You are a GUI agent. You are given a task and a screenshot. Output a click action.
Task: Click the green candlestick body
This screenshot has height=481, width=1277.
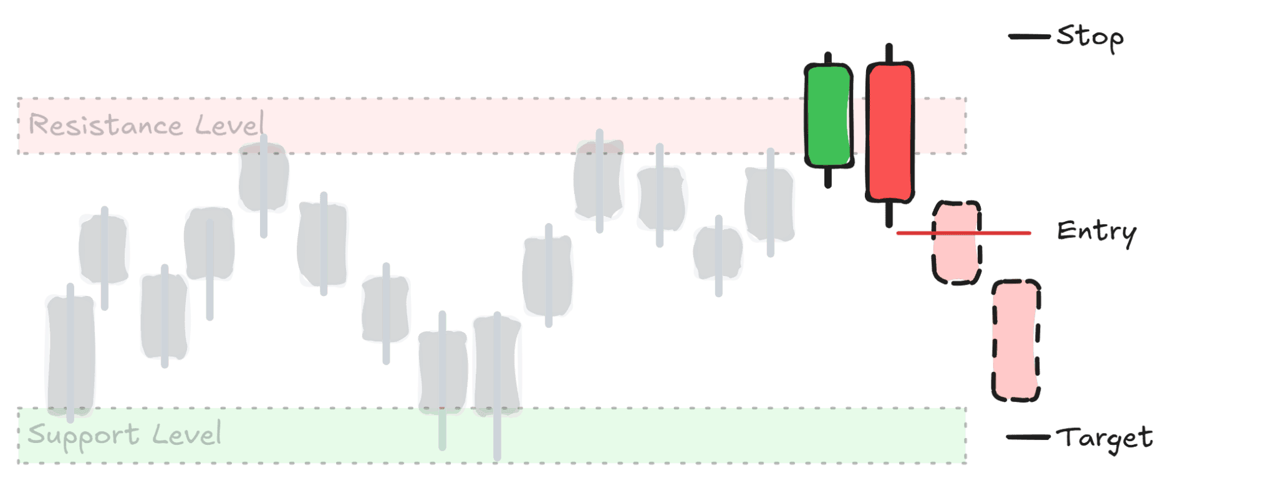pyautogui.click(x=829, y=116)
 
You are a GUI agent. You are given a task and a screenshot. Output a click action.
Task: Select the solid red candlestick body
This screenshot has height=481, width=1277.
pyautogui.click(x=890, y=131)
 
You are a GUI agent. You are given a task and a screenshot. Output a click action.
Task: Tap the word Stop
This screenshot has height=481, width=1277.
pyautogui.click(x=1090, y=37)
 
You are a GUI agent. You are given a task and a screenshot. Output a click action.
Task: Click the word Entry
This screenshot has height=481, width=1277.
pyautogui.click(x=1097, y=232)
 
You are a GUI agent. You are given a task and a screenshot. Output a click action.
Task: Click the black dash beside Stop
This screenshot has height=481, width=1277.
pyautogui.click(x=1029, y=37)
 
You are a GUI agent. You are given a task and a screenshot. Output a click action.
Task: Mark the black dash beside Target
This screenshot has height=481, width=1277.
pyautogui.click(x=1028, y=437)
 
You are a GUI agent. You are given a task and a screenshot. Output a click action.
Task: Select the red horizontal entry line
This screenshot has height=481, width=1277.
pyautogui.click(x=963, y=233)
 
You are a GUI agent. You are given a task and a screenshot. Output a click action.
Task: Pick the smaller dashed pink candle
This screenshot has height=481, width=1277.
pyautogui.click(x=957, y=243)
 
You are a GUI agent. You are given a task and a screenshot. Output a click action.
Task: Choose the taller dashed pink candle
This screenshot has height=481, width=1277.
pyautogui.click(x=1016, y=341)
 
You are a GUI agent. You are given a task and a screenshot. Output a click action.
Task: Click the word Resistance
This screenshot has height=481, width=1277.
pyautogui.click(x=106, y=125)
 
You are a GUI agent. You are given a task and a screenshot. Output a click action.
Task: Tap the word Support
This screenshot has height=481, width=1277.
pyautogui.click(x=84, y=435)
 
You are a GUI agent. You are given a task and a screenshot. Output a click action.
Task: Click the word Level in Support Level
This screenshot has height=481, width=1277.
pyautogui.click(x=187, y=433)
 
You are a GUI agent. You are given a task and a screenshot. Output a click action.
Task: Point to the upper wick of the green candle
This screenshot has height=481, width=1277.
pyautogui.click(x=828, y=58)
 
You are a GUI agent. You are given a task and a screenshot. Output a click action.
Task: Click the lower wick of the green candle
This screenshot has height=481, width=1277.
pyautogui.click(x=828, y=177)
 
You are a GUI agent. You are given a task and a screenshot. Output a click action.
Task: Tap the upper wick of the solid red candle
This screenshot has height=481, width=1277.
pyautogui.click(x=889, y=53)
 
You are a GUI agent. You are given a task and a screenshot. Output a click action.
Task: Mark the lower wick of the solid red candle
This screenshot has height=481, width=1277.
pyautogui.click(x=889, y=214)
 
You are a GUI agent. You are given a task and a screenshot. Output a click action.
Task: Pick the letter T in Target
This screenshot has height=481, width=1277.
pyautogui.click(x=1067, y=437)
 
